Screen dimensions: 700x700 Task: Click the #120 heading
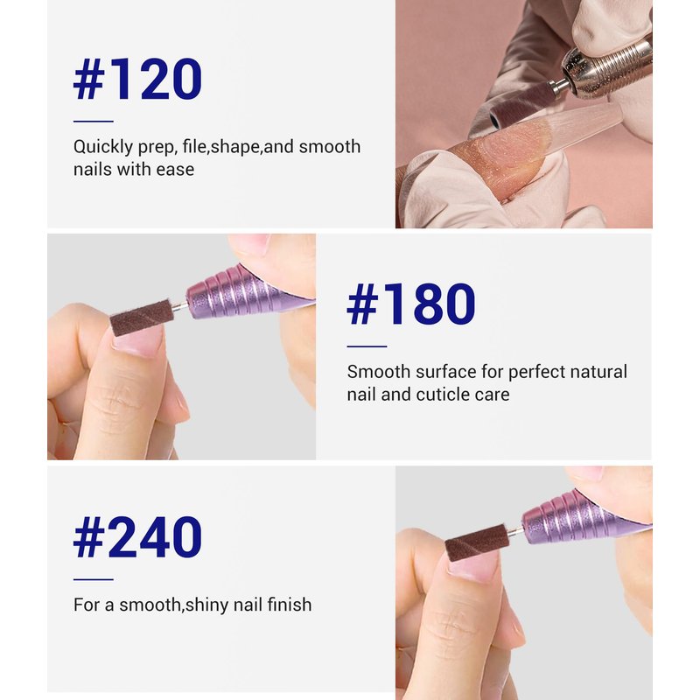[x=137, y=79]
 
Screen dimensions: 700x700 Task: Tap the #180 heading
[x=411, y=304]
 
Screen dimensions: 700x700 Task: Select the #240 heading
[x=137, y=537]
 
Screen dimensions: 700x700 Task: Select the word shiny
[x=207, y=605]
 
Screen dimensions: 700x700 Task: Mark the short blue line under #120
[x=94, y=121]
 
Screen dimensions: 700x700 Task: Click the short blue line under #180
[x=367, y=346]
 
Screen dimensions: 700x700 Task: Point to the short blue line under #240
[x=94, y=579]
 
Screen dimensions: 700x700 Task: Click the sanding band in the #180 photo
[x=142, y=318]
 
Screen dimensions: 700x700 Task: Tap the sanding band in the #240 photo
[x=477, y=542]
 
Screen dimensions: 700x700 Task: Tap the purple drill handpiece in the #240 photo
[x=585, y=517]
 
